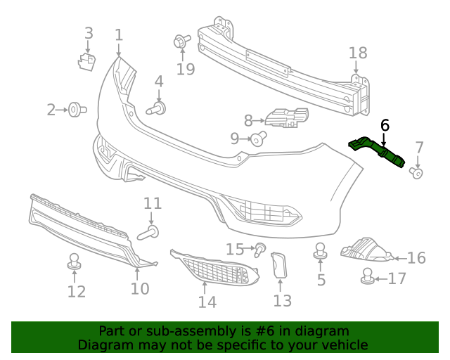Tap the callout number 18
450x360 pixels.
click(x=358, y=53)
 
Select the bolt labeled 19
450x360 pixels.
click(x=181, y=43)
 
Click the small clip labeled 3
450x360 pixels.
click(x=86, y=60)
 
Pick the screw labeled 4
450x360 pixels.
click(x=157, y=108)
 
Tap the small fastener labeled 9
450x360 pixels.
click(x=258, y=139)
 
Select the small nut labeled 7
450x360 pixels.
click(x=416, y=172)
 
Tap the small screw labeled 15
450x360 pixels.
click(x=260, y=248)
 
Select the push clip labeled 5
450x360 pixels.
click(x=321, y=250)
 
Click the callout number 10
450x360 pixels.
click(x=140, y=288)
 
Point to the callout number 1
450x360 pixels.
click(x=119, y=34)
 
